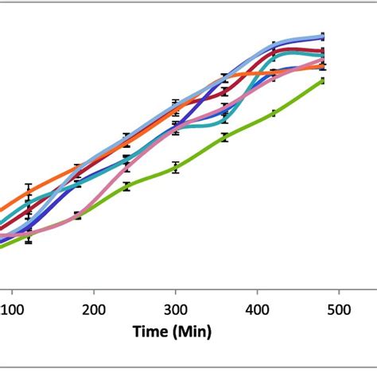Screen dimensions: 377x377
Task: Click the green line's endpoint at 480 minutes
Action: click(322, 80)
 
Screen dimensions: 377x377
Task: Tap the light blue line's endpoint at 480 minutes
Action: click(322, 37)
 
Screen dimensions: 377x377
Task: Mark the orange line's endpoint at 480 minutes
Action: click(322, 67)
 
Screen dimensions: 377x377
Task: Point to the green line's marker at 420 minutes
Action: click(274, 113)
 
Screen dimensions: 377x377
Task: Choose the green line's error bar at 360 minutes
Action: click(224, 138)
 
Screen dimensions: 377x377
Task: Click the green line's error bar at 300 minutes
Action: click(175, 167)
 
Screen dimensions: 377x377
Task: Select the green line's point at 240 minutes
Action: click(126, 187)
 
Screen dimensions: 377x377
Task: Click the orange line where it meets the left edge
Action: click(2, 212)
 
